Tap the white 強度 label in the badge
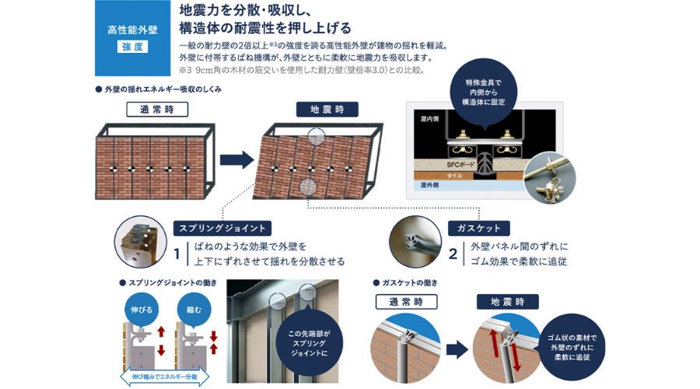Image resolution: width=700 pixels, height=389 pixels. pos(132,47)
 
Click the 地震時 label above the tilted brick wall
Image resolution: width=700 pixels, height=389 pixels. pos(321,110)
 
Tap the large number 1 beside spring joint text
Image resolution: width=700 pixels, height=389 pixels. pos(177,254)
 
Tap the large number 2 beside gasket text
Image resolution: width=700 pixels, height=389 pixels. pos(453,254)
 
